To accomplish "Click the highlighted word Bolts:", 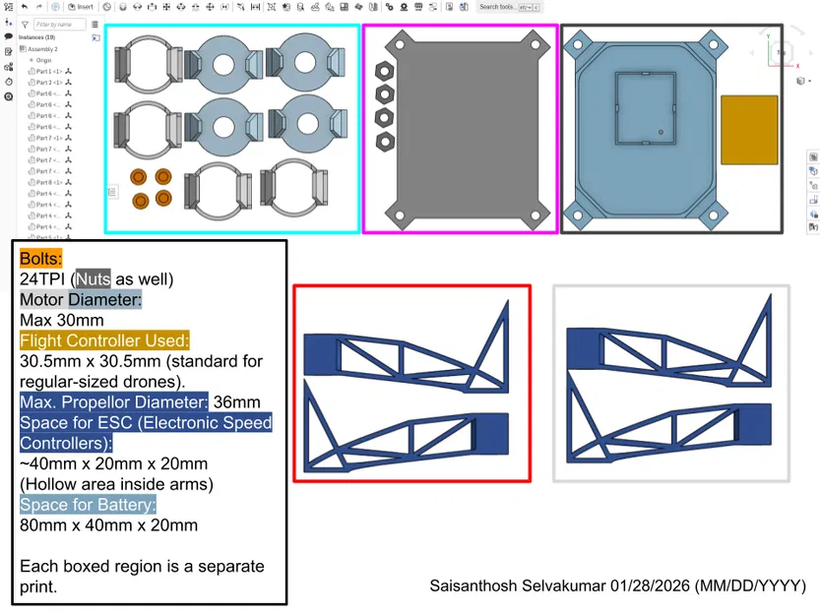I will click(40, 259).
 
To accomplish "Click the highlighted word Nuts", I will click(94, 278).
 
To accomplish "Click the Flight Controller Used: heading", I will click(104, 340).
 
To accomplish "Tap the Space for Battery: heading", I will click(88, 505).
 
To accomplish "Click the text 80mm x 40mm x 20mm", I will click(108, 524).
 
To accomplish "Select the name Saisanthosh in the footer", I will click(475, 586).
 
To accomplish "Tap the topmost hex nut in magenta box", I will click(385, 72).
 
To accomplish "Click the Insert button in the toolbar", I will click(83, 7).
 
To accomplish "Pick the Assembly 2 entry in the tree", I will click(42, 48).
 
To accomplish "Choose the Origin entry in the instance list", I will click(44, 60).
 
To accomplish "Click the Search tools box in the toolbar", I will click(497, 7).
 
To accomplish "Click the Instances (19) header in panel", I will click(36, 37).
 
